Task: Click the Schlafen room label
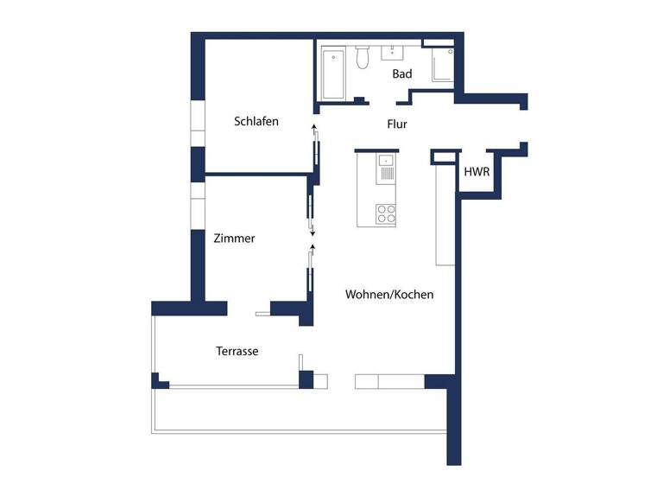pyautogui.click(x=256, y=122)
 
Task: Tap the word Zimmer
pyautogui.click(x=234, y=239)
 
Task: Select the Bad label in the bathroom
pyautogui.click(x=402, y=74)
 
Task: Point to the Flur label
pyautogui.click(x=397, y=124)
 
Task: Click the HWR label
pyautogui.click(x=477, y=172)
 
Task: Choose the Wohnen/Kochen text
pyautogui.click(x=389, y=295)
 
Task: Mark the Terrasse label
pyautogui.click(x=237, y=352)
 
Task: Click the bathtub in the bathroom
pyautogui.click(x=333, y=74)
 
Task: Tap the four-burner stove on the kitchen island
pyautogui.click(x=385, y=213)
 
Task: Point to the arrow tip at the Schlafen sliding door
pyautogui.click(x=314, y=128)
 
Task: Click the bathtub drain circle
pyautogui.click(x=334, y=58)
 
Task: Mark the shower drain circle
pyautogui.click(x=449, y=53)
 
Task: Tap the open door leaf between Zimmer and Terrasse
pyautogui.click(x=262, y=312)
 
